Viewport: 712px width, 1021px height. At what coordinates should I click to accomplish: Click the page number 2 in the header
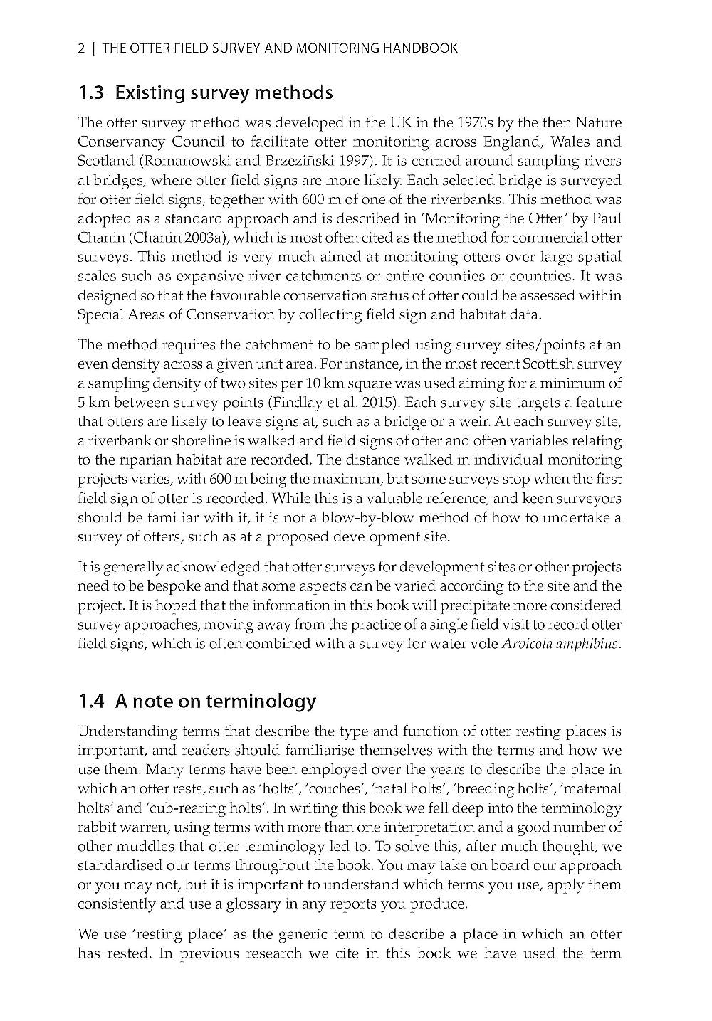pyautogui.click(x=81, y=48)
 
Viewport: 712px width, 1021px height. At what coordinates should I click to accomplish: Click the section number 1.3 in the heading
pyautogui.click(x=92, y=92)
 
